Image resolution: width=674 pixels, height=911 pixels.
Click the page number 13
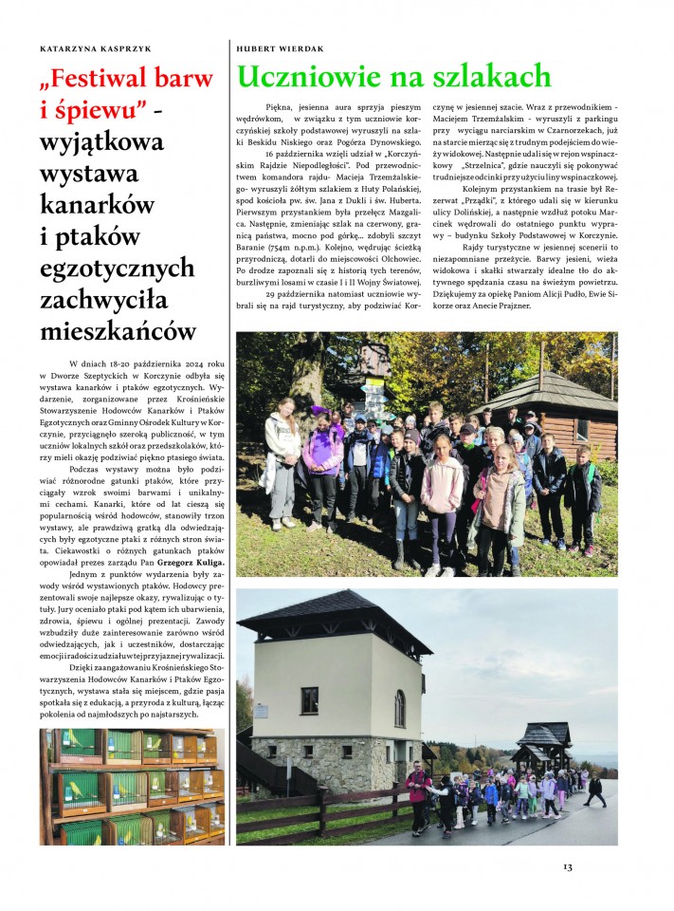[x=567, y=866]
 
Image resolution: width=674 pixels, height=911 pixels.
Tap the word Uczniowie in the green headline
[x=319, y=76]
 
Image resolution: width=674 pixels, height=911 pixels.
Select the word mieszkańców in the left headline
[x=118, y=331]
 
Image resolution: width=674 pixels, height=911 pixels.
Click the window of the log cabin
[x=582, y=429]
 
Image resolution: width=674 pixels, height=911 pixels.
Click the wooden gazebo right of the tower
[x=544, y=743]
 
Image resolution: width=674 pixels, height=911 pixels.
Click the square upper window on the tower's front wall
[x=310, y=700]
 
